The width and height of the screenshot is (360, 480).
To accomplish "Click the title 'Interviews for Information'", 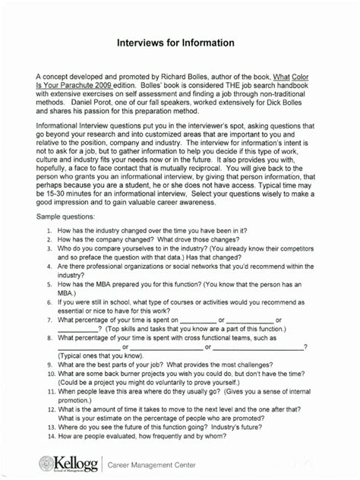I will (x=179, y=45).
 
